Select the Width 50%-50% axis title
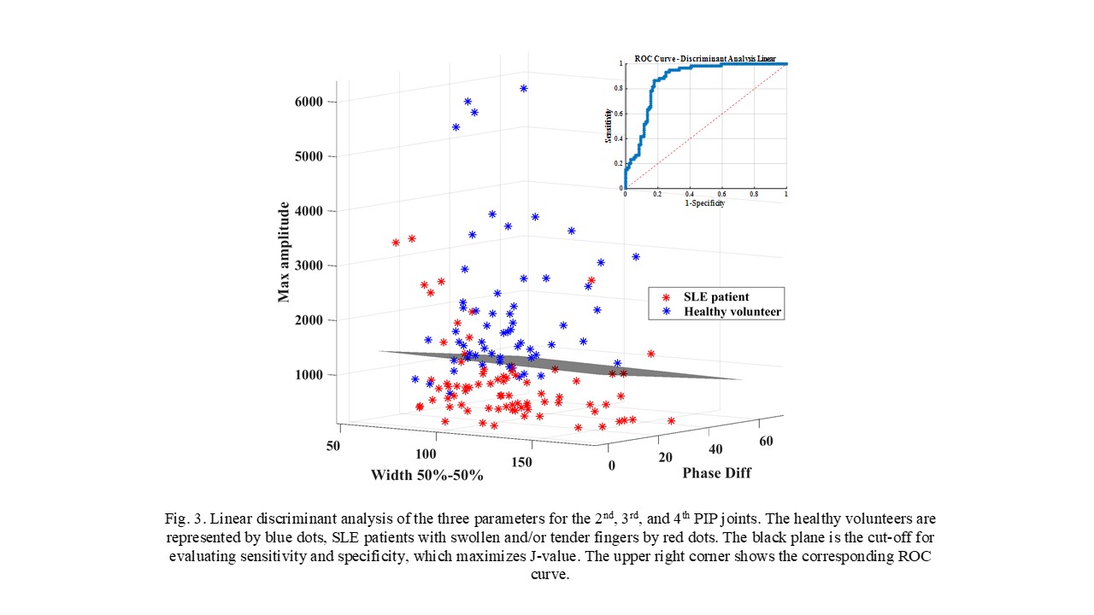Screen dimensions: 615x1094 (426, 475)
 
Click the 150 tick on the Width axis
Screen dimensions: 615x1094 (522, 462)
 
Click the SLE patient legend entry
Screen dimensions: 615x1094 (716, 296)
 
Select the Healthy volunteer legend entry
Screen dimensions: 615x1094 (732, 312)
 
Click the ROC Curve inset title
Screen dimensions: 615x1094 (705, 58)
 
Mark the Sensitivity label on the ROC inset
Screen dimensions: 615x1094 (608, 126)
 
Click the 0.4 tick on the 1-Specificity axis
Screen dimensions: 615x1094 (689, 195)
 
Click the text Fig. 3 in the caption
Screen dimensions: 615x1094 (183, 519)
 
